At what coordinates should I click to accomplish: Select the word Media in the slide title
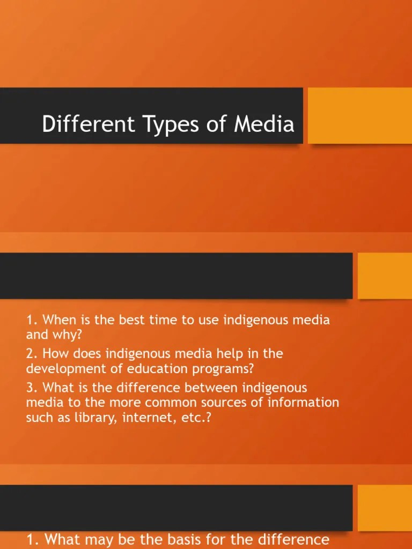point(264,124)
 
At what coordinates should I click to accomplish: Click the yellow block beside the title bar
point(359,115)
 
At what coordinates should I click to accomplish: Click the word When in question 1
point(58,321)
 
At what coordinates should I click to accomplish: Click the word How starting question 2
point(56,354)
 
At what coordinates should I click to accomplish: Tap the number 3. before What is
point(32,387)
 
